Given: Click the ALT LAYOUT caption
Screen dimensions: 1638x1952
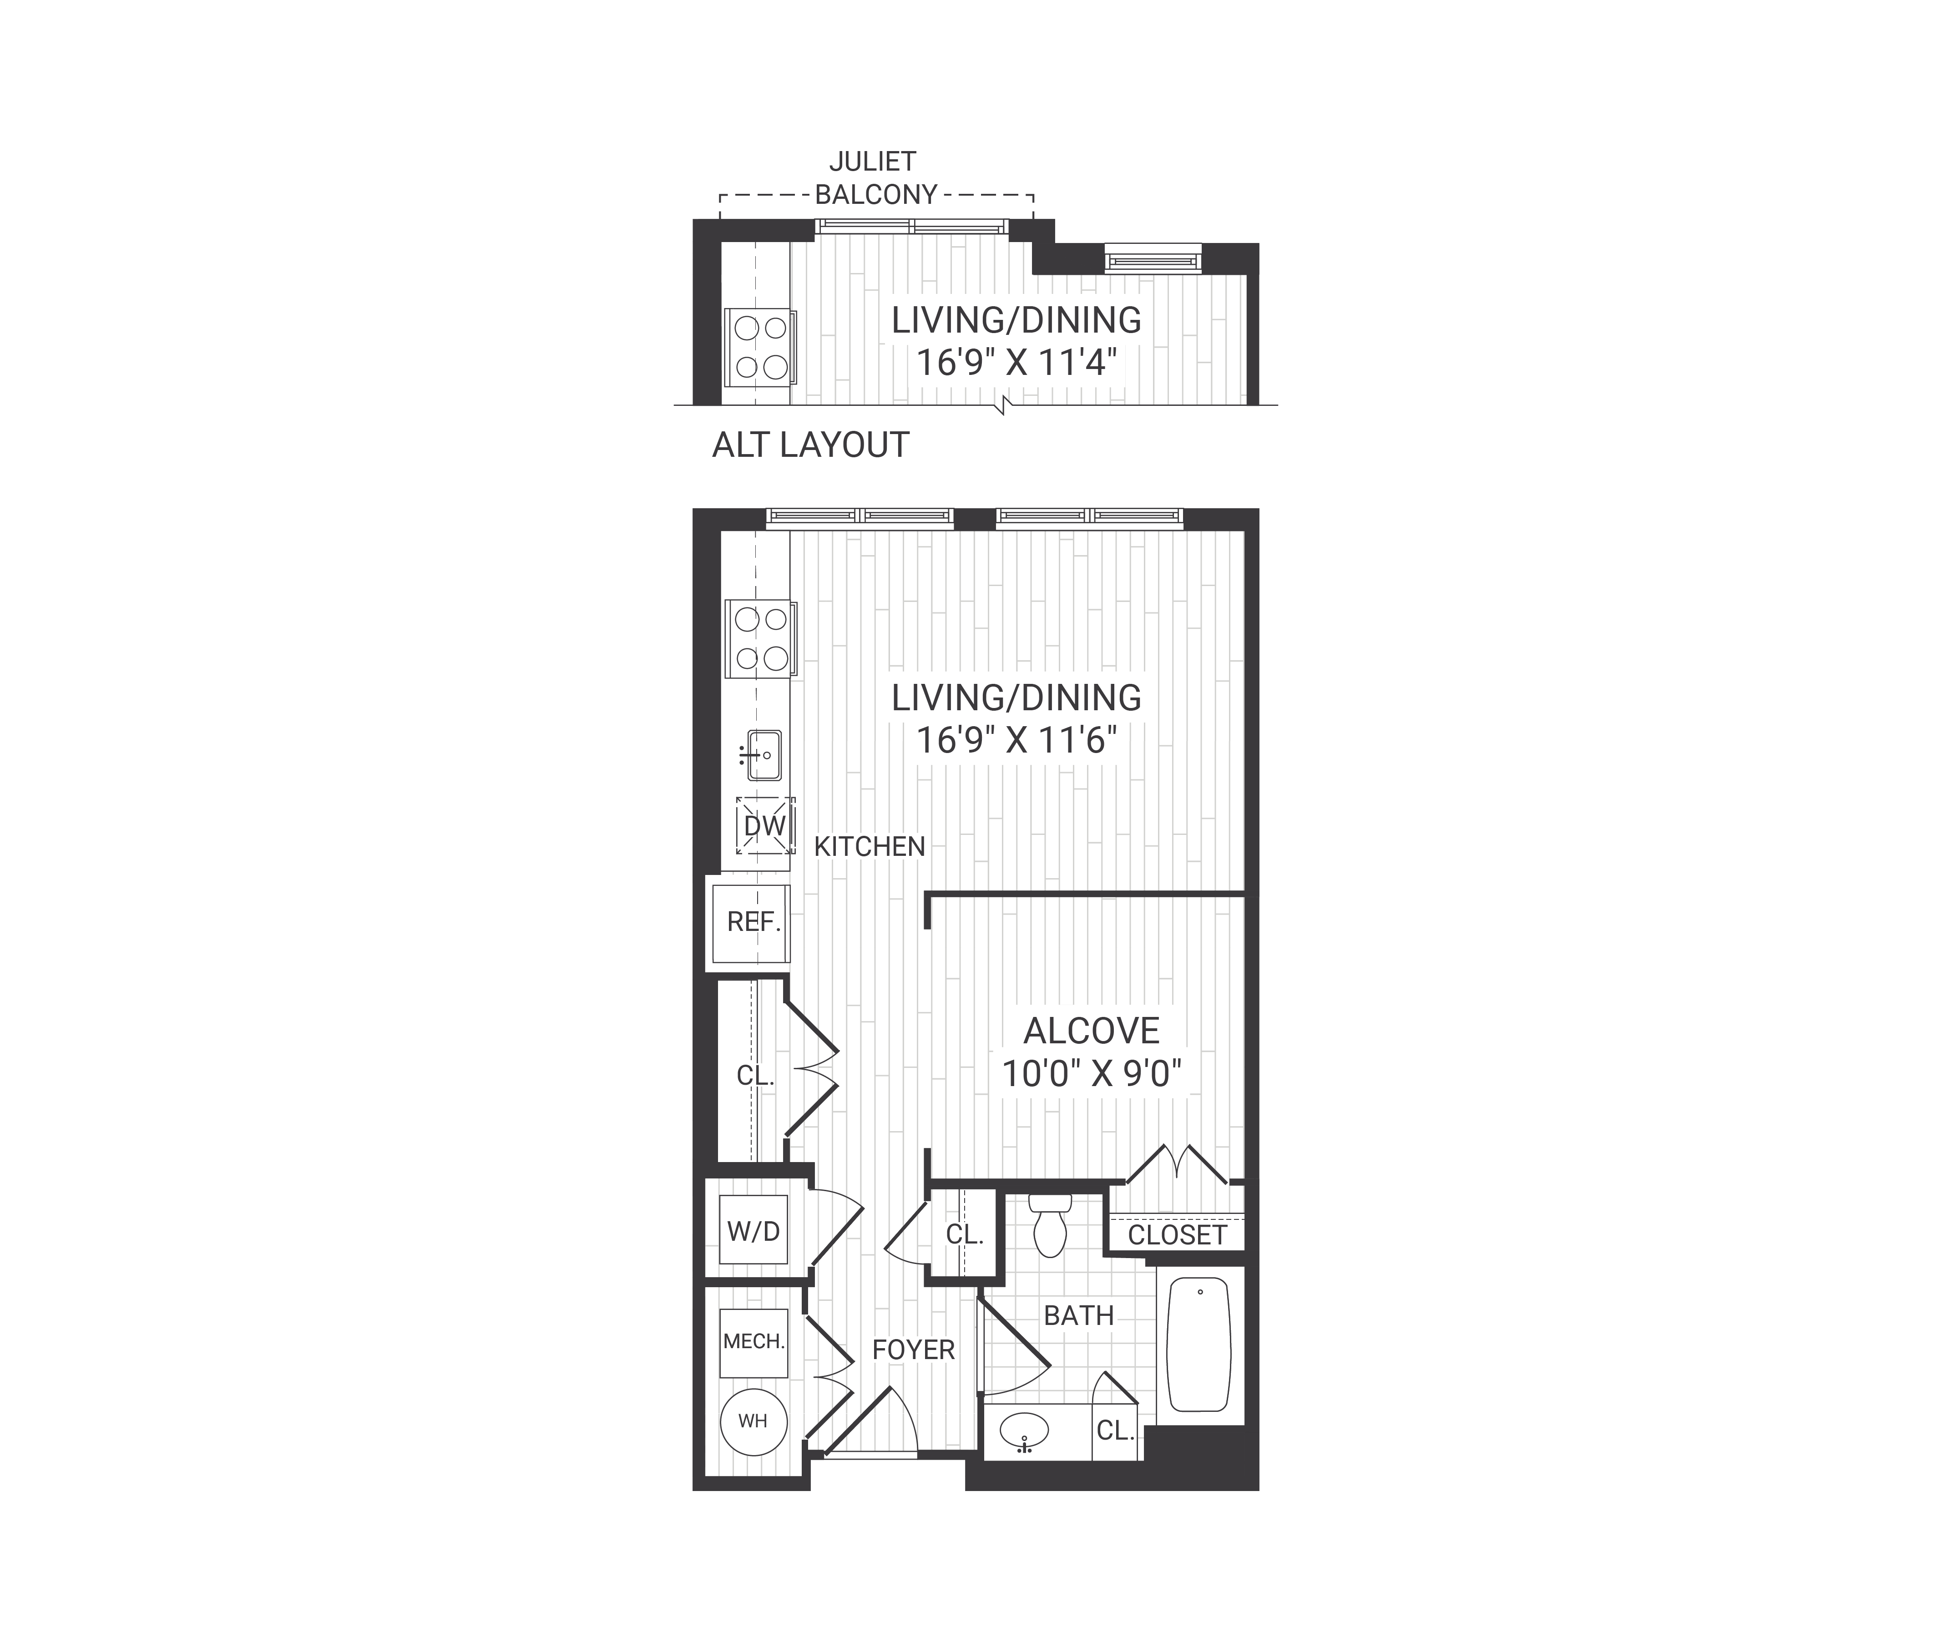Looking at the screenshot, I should point(809,445).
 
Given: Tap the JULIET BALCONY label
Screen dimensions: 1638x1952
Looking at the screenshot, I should point(874,178).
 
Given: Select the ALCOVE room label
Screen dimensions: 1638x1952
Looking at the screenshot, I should point(1091,1031).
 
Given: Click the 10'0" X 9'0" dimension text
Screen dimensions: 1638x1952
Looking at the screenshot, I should point(1091,1075).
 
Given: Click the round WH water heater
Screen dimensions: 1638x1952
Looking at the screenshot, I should point(753,1421).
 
